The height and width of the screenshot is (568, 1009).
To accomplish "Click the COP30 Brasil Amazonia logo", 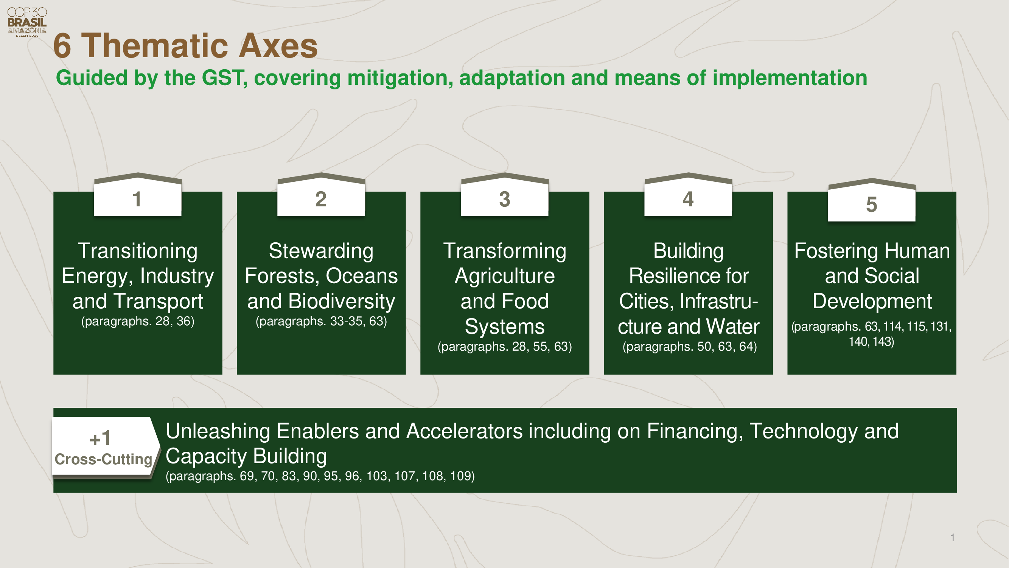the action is coord(27,22).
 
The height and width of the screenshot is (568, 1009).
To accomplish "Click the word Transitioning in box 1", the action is coord(137,251).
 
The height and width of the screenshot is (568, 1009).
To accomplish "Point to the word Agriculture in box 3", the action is coord(505,276).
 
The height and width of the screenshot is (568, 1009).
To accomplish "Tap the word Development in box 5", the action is coord(872,301).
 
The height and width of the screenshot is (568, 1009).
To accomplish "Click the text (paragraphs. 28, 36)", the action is coord(138,321).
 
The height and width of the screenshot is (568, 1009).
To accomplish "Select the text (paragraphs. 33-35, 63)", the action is coord(321,321).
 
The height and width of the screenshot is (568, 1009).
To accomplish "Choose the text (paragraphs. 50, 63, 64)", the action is coord(690,346).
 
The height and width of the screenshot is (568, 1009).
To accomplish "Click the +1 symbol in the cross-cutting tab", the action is coord(100,438).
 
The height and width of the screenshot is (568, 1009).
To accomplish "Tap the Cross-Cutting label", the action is coord(103,459).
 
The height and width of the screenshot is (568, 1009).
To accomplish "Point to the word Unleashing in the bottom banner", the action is coord(218,432).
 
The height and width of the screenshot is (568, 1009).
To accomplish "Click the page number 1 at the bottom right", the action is coord(953,537).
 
